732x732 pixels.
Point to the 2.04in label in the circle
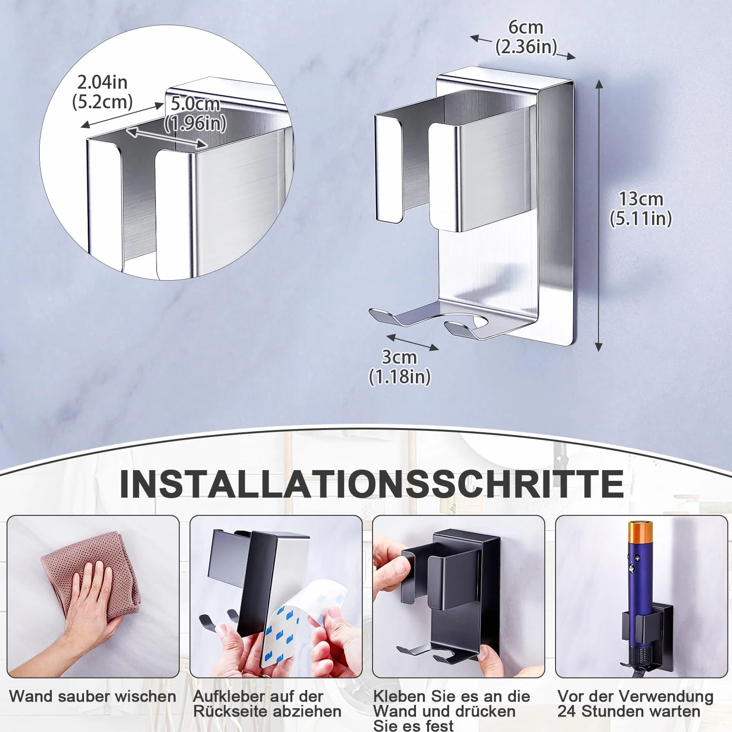[102, 82]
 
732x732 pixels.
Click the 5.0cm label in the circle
[195, 104]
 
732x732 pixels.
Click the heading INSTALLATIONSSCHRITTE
[372, 484]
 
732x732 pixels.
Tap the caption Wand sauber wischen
[92, 696]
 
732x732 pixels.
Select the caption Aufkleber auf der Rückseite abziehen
[267, 704]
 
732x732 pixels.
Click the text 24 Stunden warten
[629, 711]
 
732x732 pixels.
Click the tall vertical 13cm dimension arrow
[599, 215]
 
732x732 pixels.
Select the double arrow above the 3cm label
[413, 342]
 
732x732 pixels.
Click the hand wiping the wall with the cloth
[89, 607]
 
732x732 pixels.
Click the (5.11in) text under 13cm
[640, 218]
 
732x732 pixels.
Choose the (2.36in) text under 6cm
[526, 47]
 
